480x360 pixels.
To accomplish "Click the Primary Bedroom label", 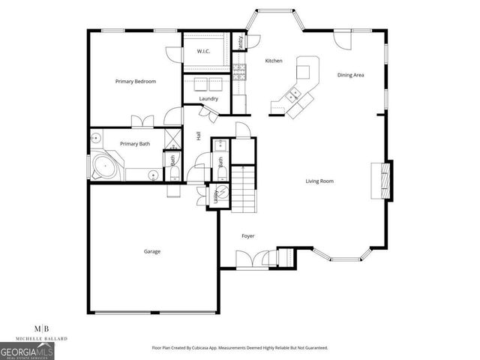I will point(135,81).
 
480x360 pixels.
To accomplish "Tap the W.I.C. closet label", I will point(203,51).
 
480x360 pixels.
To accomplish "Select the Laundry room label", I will point(208,98).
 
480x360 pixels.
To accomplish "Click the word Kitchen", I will point(273,61).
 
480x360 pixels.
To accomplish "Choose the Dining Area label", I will point(350,75).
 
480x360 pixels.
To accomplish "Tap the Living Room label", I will point(319,181).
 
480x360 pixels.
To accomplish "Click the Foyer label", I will point(247,236).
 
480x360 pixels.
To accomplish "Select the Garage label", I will point(151,251).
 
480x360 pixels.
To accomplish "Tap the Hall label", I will point(198,136).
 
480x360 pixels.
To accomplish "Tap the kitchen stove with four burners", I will point(240,72).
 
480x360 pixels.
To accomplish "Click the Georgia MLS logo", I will point(27,351).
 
